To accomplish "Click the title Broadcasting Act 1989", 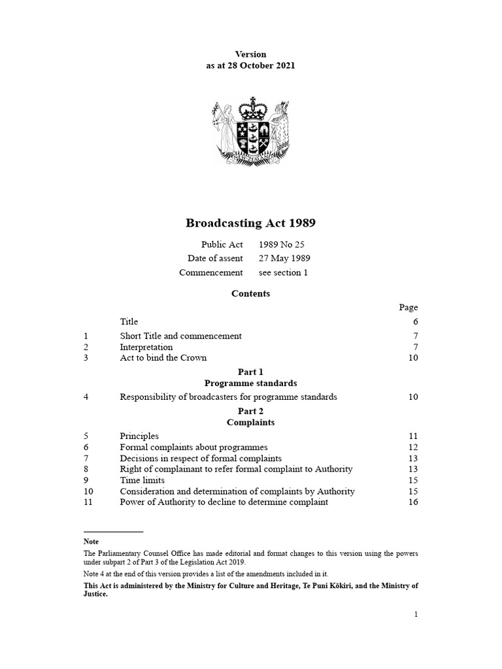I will pos(251,223).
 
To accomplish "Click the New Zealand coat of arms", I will pos(250,133).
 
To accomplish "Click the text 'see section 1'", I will pos(283,272).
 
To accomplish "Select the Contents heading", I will pos(250,294).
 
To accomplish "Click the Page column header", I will pos(409,307).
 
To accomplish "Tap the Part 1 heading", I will pos(250,372).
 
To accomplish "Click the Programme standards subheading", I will pos(250,383).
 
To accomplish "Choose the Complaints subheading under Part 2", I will pos(250,423).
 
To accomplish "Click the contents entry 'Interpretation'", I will pos(146,347).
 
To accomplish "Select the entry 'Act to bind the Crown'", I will pos(163,358).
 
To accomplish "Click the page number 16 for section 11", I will pos(412,502).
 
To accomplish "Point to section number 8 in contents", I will pos(86,469).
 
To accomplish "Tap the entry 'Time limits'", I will pos(142,480).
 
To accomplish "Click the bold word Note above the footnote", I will pos(91,542).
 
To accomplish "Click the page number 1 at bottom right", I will pos(416,614).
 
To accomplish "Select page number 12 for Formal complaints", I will pos(412,447).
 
